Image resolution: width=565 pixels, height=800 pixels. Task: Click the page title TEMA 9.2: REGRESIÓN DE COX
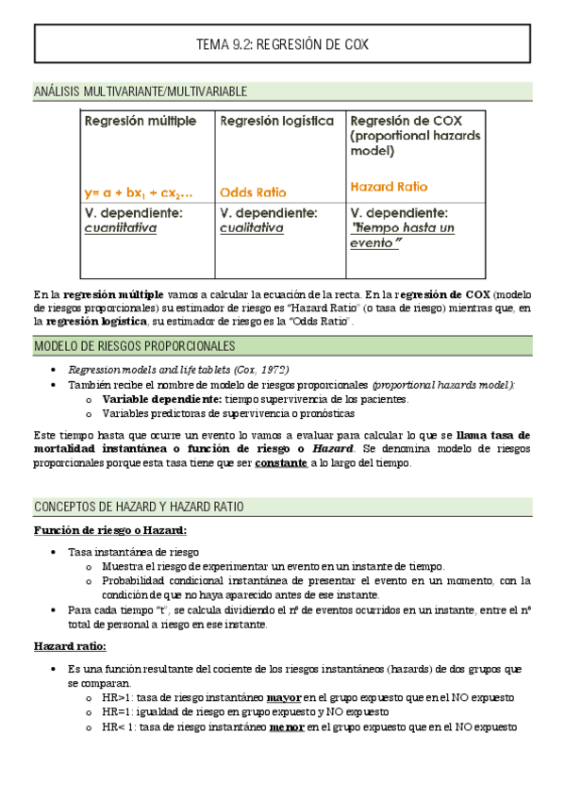[282, 44]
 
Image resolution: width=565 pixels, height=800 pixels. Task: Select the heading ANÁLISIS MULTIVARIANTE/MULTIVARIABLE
[141, 92]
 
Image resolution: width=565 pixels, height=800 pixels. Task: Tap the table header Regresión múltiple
[141, 122]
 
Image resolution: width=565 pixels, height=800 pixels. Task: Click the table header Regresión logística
[276, 122]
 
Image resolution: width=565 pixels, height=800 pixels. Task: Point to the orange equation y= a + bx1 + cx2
[138, 192]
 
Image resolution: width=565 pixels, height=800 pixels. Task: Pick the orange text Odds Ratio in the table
[254, 192]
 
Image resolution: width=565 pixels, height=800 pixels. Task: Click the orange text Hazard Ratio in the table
[388, 187]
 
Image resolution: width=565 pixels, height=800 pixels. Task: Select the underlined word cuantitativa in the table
[121, 228]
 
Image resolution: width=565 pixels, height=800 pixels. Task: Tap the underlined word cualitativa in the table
[252, 228]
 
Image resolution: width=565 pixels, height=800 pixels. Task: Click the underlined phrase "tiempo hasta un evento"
[401, 236]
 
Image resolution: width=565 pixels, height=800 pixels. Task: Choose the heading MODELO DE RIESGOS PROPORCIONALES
[134, 346]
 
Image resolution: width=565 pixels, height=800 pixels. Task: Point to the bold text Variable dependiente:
[161, 399]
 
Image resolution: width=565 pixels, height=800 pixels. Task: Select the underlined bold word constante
[281, 464]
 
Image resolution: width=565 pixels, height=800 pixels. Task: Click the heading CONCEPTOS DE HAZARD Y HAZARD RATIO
[139, 507]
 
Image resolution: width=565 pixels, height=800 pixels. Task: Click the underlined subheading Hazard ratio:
[70, 646]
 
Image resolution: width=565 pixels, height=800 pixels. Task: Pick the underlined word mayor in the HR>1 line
[284, 698]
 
